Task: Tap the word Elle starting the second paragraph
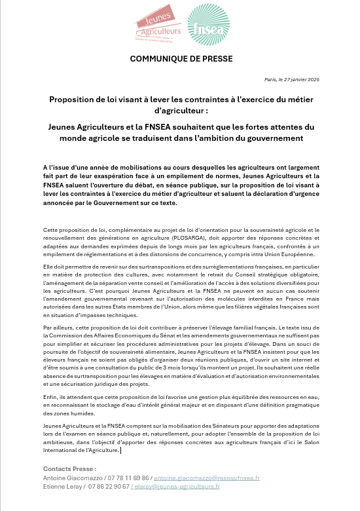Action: [48, 268]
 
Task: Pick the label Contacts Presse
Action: [69, 469]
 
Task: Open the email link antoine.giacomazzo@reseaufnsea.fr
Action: [207, 478]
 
